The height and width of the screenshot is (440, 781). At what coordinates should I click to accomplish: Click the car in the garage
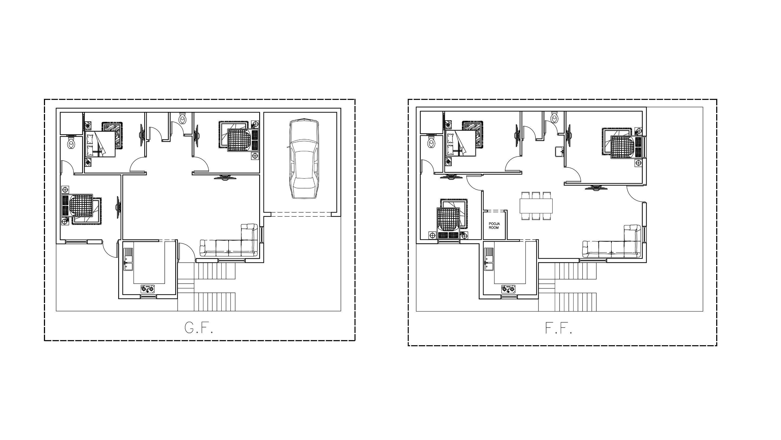[x=303, y=159]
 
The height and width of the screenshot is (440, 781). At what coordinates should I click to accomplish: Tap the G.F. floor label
[x=199, y=328]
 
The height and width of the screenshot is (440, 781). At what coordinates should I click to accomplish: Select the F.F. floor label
[x=558, y=328]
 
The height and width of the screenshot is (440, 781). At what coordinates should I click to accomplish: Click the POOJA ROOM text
[x=494, y=226]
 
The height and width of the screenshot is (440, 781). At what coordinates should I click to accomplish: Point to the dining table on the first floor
[x=536, y=206]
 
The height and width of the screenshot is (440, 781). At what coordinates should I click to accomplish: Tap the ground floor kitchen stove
[x=148, y=289]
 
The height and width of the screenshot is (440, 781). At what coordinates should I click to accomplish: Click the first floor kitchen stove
[x=508, y=289]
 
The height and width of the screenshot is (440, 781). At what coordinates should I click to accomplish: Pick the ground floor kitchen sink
[x=128, y=259]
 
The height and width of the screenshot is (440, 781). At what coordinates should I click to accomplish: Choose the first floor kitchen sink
[x=489, y=259]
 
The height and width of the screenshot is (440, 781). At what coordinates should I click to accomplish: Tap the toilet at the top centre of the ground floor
[x=183, y=118]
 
